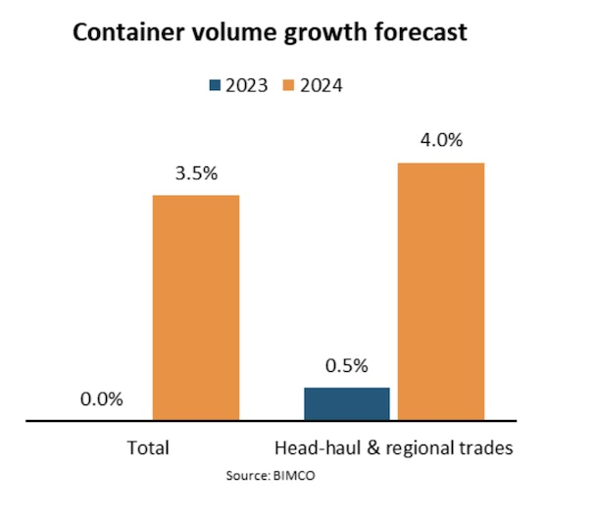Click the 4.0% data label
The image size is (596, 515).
(x=440, y=140)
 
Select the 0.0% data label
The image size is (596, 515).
(x=101, y=398)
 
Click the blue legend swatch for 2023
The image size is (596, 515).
(x=217, y=85)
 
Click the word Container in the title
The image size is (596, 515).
(x=120, y=34)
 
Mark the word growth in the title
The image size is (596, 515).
(x=315, y=34)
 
